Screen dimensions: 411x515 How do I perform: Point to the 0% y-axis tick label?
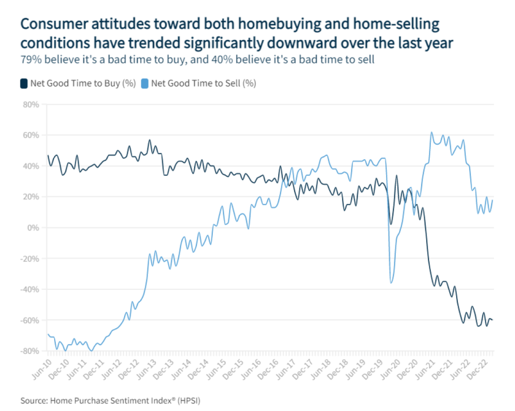32,228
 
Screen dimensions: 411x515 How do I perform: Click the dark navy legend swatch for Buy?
24,83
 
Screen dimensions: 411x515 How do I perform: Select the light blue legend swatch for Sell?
145,83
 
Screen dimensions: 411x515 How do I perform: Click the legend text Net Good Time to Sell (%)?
203,83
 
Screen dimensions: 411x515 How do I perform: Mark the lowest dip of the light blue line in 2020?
392,283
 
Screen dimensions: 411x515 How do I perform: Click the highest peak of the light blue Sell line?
432,132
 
